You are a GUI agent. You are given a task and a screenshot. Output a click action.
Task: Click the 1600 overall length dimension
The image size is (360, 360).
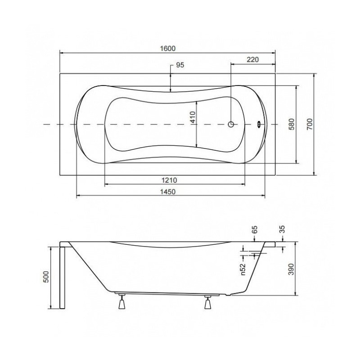tap(167, 49)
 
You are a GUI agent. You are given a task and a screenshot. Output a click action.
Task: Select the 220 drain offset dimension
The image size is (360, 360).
tap(252, 59)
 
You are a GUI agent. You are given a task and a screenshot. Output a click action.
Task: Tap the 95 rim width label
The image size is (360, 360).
tap(180, 65)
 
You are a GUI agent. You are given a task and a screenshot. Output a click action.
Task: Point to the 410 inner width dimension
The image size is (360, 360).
tap(193, 117)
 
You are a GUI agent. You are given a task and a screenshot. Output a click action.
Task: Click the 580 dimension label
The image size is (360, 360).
tap(291, 124)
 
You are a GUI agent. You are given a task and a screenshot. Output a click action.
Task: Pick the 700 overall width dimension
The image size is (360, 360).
tap(310, 124)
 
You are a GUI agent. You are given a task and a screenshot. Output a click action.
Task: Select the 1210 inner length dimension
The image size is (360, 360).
tap(170, 180)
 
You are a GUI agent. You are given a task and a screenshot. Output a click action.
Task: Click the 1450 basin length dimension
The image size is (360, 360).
tap(167, 192)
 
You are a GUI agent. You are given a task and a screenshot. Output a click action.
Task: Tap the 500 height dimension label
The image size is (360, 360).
tap(46, 277)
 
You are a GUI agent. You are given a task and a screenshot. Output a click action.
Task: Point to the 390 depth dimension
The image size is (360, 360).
tap(291, 269)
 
